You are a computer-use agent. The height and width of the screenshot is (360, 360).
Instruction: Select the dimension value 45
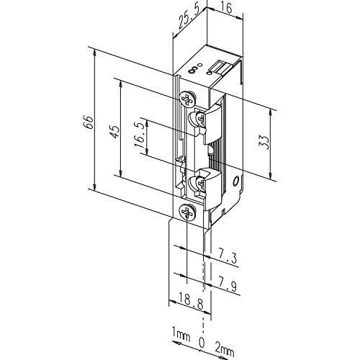tap(114, 131)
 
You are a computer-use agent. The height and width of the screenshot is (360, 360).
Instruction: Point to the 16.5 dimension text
tap(140, 135)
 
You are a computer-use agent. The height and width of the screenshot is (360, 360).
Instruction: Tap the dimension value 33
tap(264, 142)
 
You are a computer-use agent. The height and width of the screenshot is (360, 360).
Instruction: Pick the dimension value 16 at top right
tap(227, 8)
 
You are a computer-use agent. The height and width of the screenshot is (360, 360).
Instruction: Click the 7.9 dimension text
tap(227, 284)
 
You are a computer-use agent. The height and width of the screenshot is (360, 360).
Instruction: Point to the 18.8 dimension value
tap(191, 305)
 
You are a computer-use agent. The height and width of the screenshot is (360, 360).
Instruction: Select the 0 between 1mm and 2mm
tap(202, 343)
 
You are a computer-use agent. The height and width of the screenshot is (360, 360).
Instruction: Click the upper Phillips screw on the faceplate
tap(187, 99)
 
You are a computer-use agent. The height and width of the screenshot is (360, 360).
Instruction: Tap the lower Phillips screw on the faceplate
tap(188, 212)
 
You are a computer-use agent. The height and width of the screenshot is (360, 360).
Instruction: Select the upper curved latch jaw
tap(214, 125)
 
